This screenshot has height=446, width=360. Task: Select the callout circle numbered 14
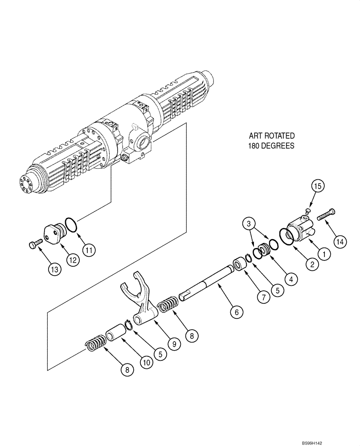tap(340, 241)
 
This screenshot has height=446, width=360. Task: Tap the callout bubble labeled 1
tap(324, 254)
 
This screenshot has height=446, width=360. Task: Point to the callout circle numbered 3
tap(250, 223)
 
